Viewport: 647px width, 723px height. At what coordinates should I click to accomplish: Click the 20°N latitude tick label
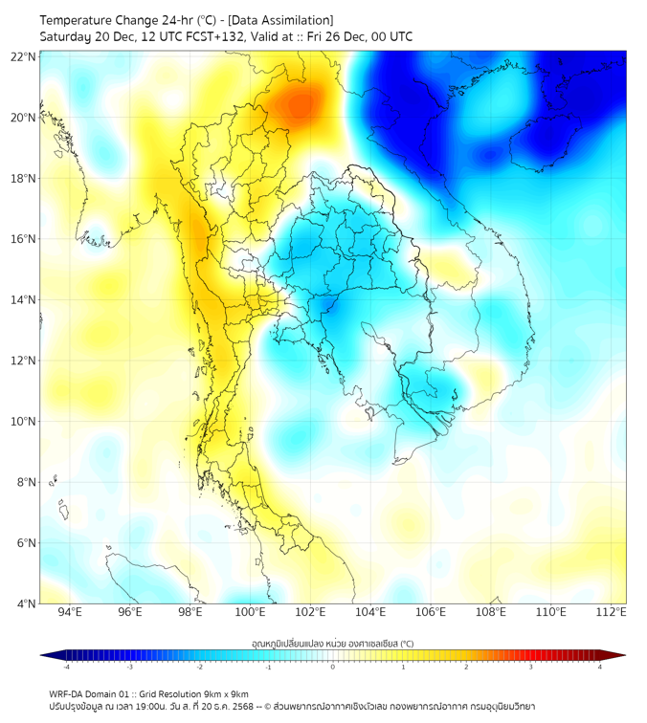(x=23, y=118)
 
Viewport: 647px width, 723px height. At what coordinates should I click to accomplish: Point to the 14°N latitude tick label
(x=23, y=300)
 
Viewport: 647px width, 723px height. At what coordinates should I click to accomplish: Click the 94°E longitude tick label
(x=70, y=613)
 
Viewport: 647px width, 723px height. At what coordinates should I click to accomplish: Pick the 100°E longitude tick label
(x=250, y=613)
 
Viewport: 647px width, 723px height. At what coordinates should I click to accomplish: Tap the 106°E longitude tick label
(x=431, y=613)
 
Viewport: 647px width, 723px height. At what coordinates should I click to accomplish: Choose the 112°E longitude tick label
(x=611, y=613)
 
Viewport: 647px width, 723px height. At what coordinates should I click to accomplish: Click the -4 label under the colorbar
(x=66, y=668)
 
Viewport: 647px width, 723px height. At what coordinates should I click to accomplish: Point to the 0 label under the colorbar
(x=333, y=668)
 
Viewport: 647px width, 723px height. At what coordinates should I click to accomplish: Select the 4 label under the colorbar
(x=600, y=668)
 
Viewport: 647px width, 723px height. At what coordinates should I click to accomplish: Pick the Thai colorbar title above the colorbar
(x=332, y=643)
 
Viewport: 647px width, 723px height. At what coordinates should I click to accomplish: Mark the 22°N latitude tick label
(x=23, y=56)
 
